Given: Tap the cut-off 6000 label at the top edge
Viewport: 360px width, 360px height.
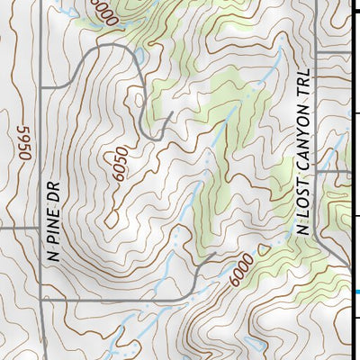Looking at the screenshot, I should click(x=104, y=11).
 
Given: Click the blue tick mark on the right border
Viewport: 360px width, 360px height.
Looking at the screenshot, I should click(x=356, y=292).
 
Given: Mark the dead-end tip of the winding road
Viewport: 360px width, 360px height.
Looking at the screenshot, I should click(x=171, y=113).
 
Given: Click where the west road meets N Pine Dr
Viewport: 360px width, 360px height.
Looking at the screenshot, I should click(x=40, y=228).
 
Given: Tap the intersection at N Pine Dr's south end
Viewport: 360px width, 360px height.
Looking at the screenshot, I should click(x=40, y=298).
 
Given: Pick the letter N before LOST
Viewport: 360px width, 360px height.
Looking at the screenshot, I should click(x=301, y=228).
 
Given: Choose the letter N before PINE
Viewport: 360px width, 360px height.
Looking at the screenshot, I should click(x=52, y=256).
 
